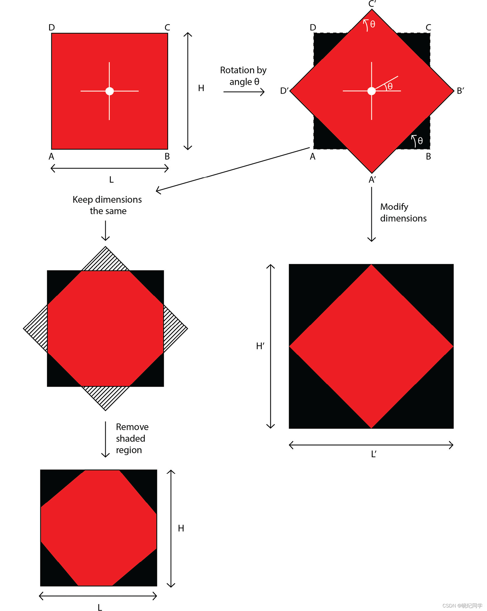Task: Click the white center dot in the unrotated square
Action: pos(109,91)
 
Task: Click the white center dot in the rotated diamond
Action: pos(371,91)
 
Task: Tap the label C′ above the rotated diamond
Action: pos(372,4)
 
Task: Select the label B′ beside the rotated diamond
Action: pos(460,91)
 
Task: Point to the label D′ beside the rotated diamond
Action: pos(284,91)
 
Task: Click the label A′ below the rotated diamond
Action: pos(372,180)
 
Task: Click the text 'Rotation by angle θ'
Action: pos(243,76)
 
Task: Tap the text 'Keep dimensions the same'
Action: pos(107,205)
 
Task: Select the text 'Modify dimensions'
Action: pos(403,212)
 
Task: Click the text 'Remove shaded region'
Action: pos(132,438)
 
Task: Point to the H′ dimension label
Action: pos(260,346)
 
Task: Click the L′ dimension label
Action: pos(374,454)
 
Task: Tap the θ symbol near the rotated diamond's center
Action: pos(390,86)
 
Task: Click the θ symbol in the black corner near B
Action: pos(420,141)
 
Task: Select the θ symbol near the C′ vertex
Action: pos(373,24)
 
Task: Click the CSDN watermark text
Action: pos(462,605)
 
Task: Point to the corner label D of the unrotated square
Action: pos(52,27)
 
